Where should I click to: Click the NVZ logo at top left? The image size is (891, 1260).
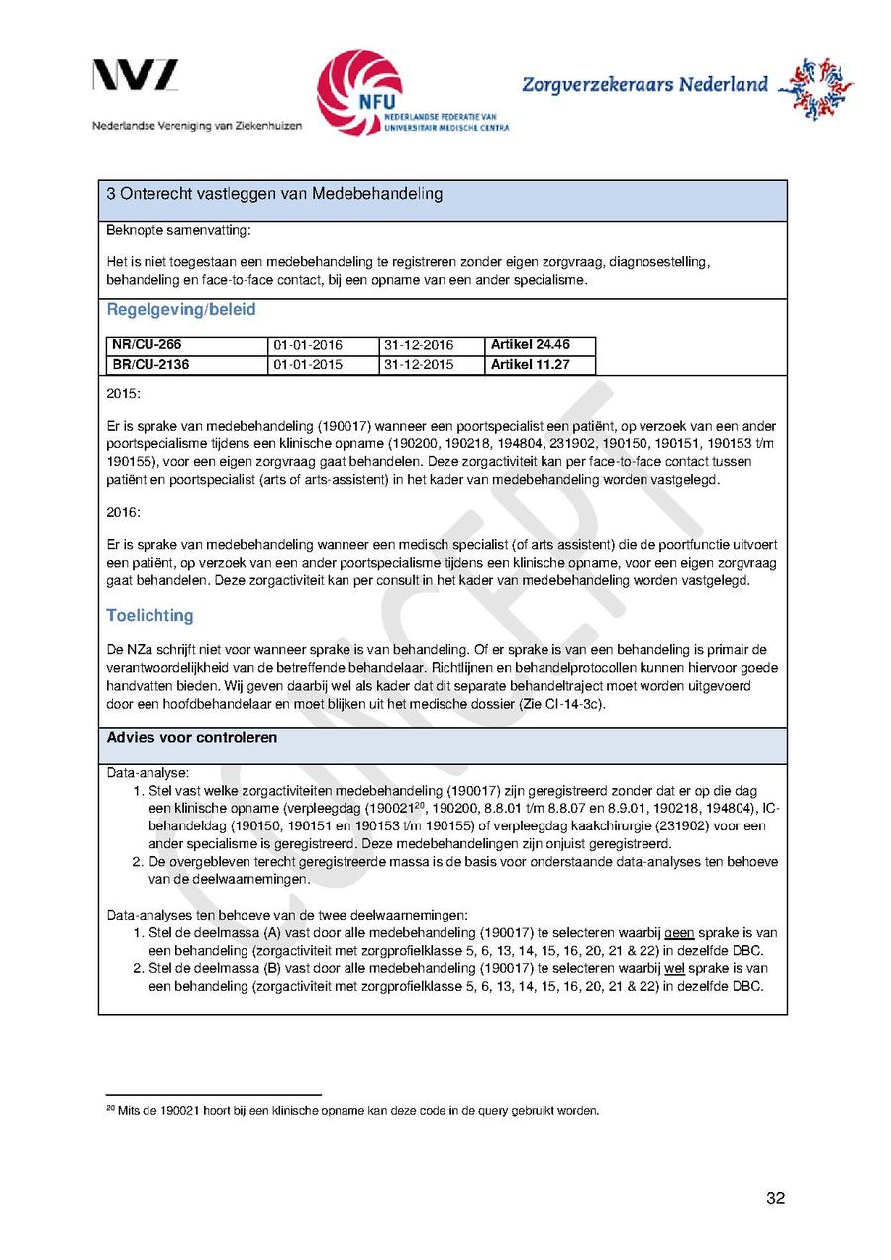pos(136,76)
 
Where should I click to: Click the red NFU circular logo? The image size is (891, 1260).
pos(358,92)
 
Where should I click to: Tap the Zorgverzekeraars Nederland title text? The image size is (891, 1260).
pos(644,84)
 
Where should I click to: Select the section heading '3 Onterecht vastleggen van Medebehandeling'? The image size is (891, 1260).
pos(274,194)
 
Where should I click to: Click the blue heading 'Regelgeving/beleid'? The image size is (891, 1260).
pos(181,310)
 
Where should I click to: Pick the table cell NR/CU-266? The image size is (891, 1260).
pos(147,345)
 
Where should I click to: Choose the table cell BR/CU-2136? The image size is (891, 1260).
pos(150,365)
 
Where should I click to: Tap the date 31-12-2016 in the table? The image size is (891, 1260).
pos(418,345)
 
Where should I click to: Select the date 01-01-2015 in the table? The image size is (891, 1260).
pos(307,365)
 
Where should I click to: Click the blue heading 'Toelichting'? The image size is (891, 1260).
pos(149,616)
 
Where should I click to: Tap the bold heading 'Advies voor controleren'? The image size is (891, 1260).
pos(192,738)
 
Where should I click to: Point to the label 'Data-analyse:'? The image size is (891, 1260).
pos(148,772)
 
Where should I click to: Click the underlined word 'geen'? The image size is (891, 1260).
pos(679,933)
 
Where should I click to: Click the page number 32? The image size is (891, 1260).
pos(775,1199)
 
